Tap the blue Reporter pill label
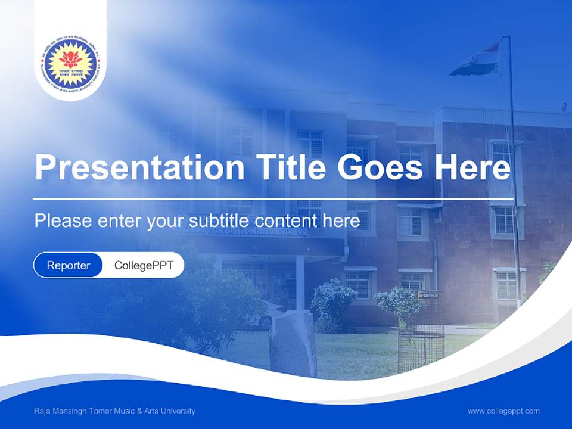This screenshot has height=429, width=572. (69, 265)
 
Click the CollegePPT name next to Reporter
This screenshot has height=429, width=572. (144, 265)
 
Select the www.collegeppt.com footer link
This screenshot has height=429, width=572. (503, 411)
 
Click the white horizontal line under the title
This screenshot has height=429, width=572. (273, 198)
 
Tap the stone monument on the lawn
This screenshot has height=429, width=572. (292, 342)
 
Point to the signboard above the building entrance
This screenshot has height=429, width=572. (250, 231)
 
